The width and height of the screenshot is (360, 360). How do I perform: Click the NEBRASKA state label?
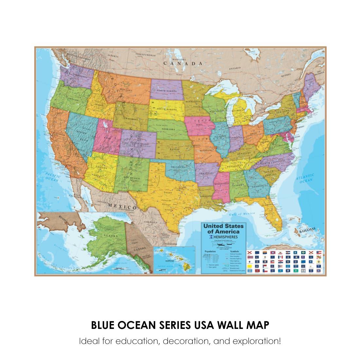pyautogui.click(x=170, y=129)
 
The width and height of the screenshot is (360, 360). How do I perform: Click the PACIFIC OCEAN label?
pyautogui.click(x=52, y=177)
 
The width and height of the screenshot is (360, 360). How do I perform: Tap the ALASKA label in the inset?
pyautogui.click(x=106, y=235)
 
